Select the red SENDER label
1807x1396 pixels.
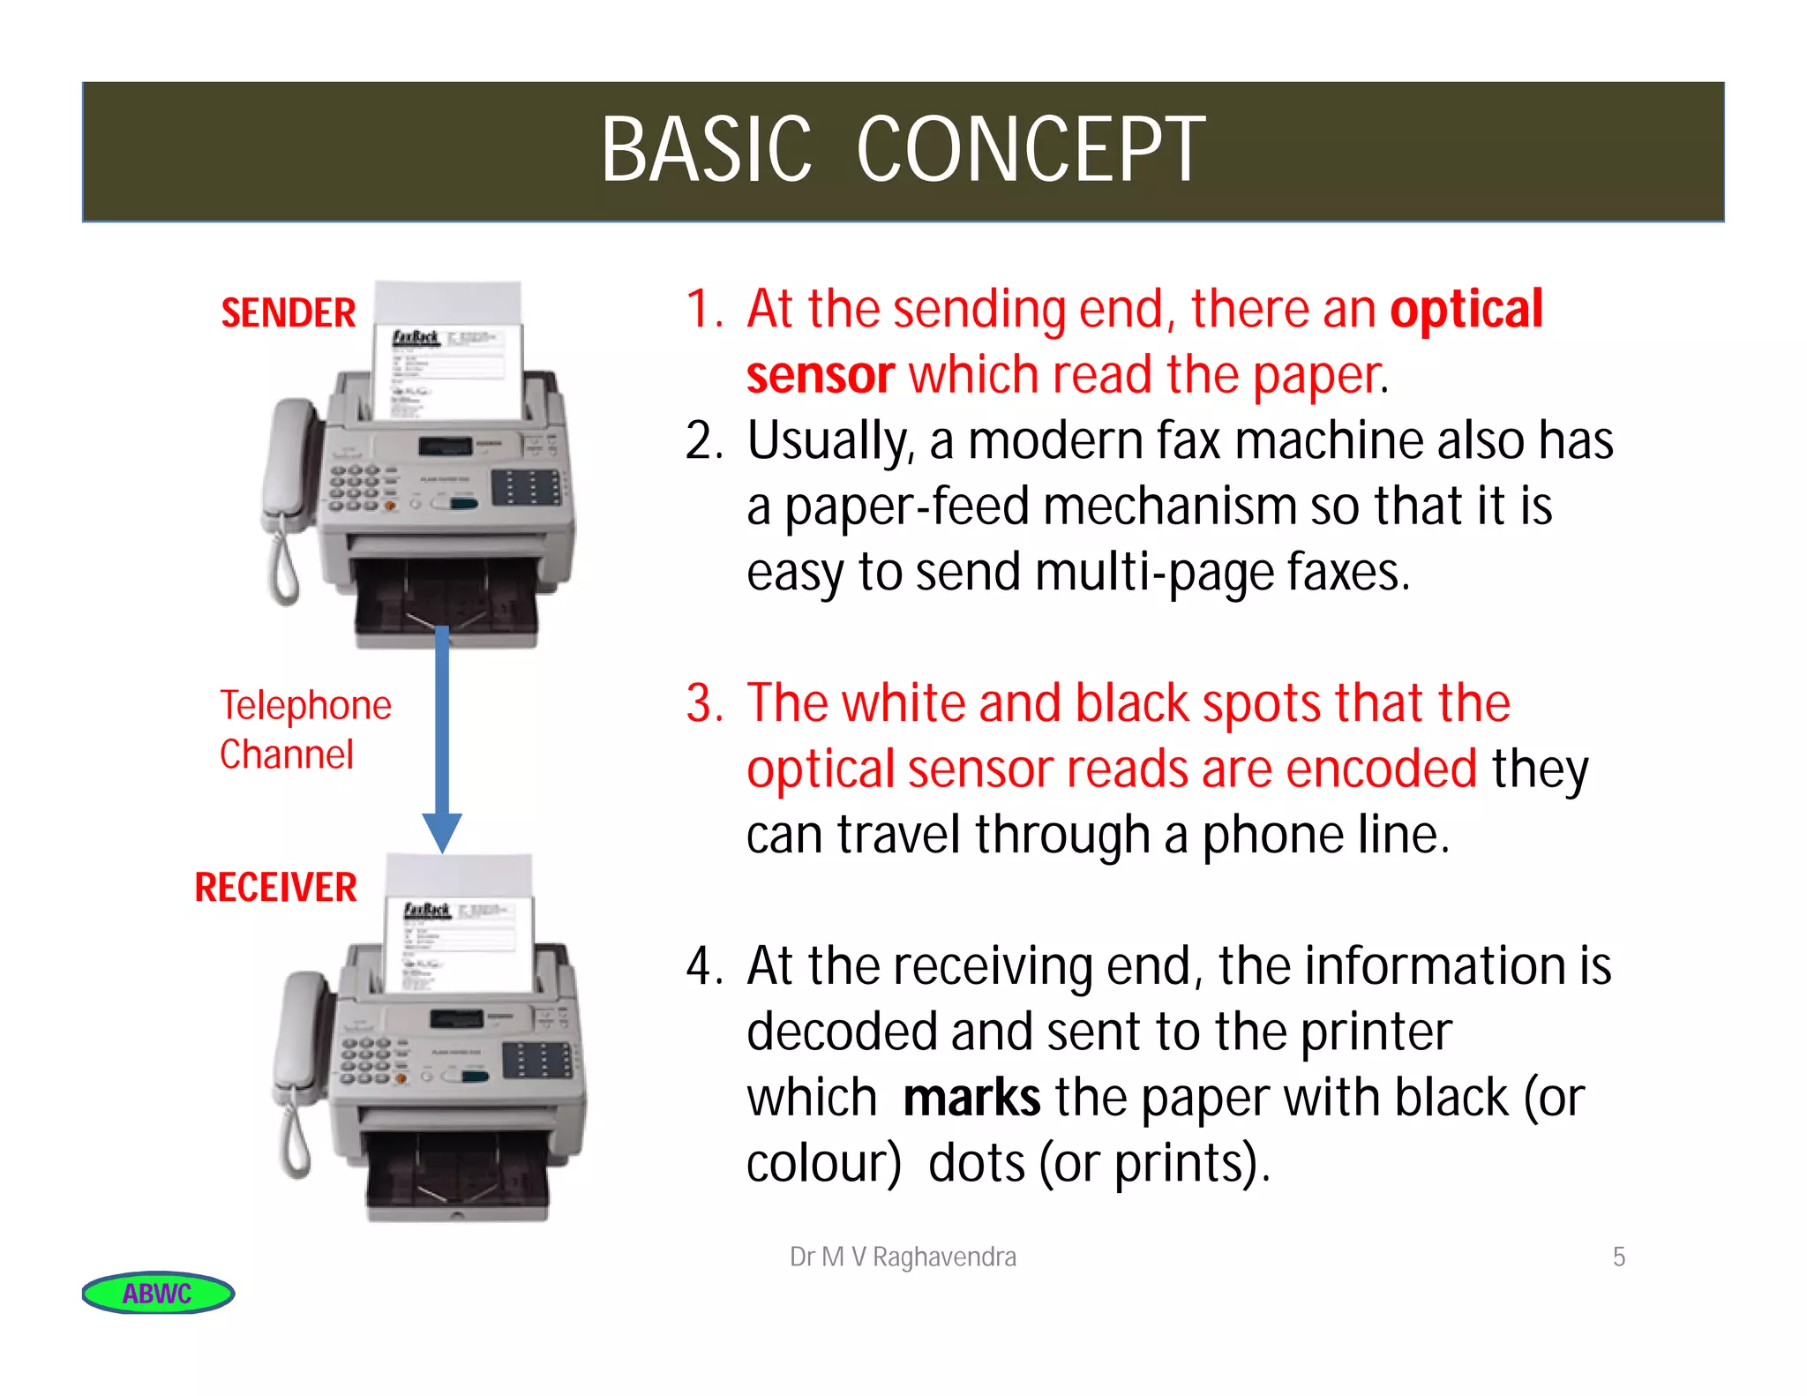point(288,313)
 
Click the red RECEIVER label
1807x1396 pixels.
point(275,887)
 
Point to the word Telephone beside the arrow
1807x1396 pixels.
point(305,705)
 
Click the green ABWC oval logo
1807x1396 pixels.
point(158,1293)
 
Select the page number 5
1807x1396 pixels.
point(1618,1257)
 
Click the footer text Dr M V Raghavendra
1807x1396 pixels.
point(903,1257)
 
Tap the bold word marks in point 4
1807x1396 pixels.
point(971,1098)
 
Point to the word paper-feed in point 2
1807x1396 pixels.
point(906,507)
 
